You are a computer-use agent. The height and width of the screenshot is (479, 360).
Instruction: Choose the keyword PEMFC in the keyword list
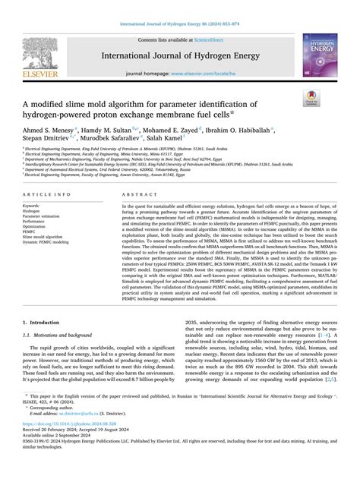point(31,230)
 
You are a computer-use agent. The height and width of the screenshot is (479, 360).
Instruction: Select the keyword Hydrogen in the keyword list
point(34,214)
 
